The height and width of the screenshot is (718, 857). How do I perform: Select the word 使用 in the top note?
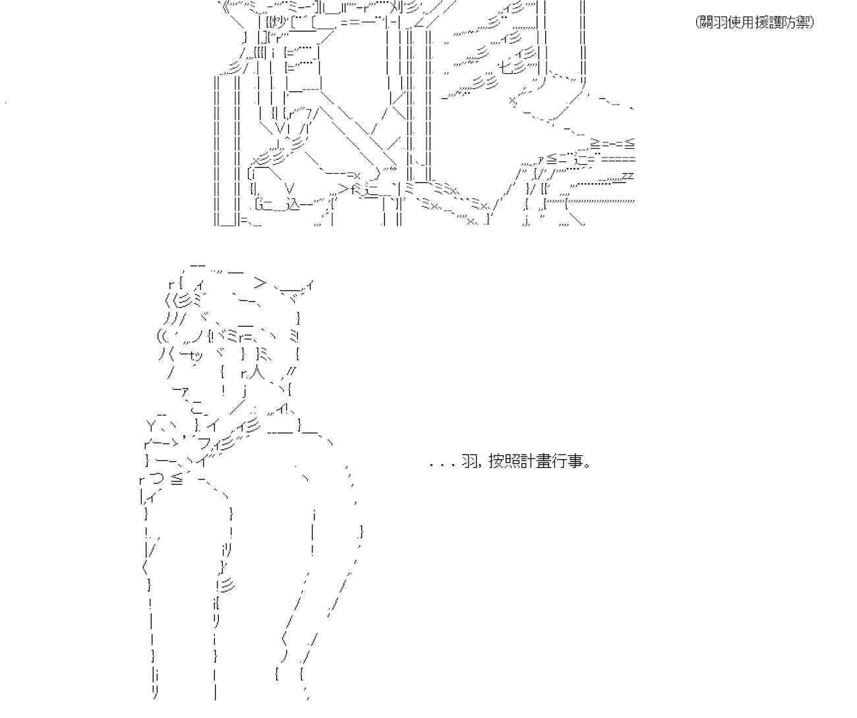point(739,22)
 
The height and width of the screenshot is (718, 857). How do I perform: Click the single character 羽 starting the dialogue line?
point(469,462)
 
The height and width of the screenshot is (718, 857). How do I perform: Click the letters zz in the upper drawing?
point(628,176)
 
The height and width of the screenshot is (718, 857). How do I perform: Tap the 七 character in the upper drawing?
point(504,67)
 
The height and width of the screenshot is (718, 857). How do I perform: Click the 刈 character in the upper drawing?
point(398,9)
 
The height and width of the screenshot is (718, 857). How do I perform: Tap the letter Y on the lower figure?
point(151,424)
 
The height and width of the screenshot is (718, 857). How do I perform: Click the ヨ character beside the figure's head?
point(294,337)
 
